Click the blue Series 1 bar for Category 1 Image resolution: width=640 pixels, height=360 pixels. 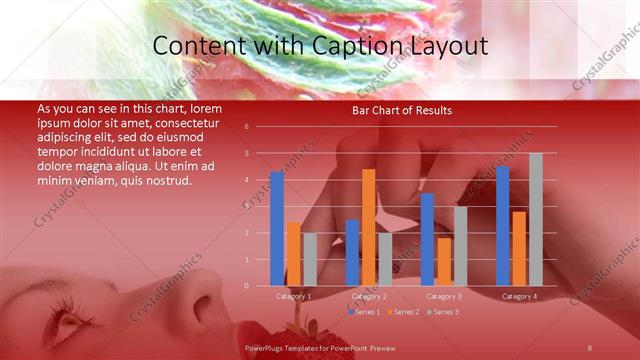277,229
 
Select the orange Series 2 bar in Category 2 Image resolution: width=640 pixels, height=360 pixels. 369,228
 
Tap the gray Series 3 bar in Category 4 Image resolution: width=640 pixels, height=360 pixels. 535,220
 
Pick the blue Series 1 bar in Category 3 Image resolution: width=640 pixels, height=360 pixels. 427,240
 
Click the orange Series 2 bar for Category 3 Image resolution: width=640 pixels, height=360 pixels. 444,262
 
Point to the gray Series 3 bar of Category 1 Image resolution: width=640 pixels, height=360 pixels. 310,260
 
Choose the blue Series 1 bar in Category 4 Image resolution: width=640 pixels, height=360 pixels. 502,226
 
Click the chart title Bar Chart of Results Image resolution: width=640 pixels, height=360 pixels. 401,110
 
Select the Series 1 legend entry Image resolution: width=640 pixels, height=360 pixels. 364,312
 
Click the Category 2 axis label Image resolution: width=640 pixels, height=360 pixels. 369,296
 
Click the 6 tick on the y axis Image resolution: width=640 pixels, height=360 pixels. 260,127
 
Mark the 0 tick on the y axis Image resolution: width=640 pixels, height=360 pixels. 260,286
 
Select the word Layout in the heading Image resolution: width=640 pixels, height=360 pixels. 449,46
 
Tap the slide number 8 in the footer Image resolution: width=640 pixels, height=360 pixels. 589,347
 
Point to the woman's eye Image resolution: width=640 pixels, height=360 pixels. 70,324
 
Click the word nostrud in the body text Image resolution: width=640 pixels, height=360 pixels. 160,180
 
